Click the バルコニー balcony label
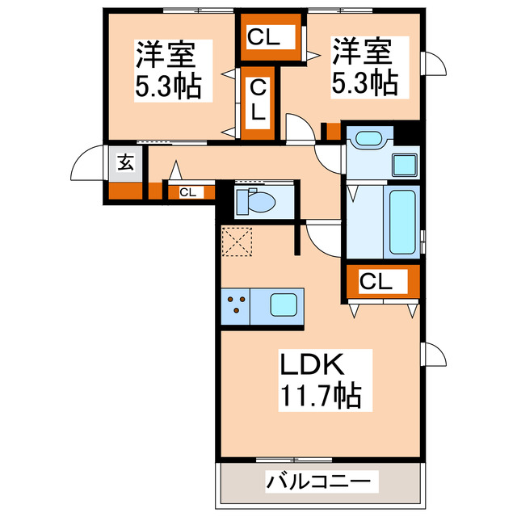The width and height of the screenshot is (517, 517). coord(321,482)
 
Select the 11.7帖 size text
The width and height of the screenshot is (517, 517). coord(320,397)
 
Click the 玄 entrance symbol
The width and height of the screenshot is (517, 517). coord(127,162)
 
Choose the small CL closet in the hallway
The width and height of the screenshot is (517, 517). coord(187,192)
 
